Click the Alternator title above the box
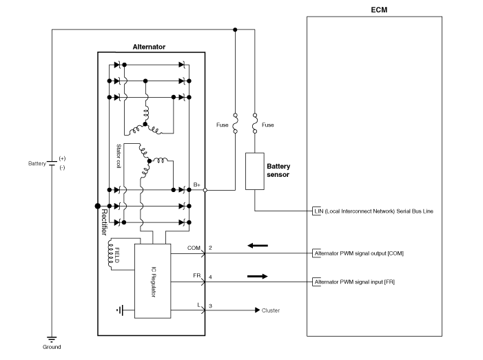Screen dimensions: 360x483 (x=149, y=47)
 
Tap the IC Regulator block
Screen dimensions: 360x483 (x=152, y=280)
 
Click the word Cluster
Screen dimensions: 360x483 (x=271, y=310)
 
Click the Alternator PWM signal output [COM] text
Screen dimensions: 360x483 (x=358, y=253)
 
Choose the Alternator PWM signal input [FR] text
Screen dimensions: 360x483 (x=354, y=282)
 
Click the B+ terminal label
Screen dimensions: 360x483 (x=197, y=184)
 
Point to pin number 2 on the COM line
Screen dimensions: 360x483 (x=211, y=247)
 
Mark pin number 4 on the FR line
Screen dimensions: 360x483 (x=211, y=277)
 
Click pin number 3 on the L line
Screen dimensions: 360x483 (x=211, y=305)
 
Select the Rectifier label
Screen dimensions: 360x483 (x=105, y=220)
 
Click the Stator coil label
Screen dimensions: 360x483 (x=119, y=156)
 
